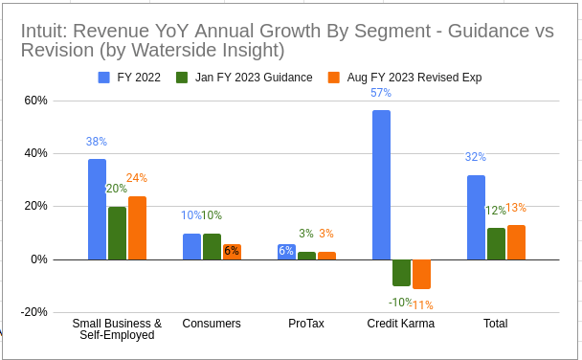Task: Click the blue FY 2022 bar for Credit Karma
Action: pyautogui.click(x=381, y=185)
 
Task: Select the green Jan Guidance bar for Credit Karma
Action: pyautogui.click(x=401, y=272)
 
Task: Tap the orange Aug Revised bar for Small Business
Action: pyautogui.click(x=137, y=228)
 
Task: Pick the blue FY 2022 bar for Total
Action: pyautogui.click(x=476, y=217)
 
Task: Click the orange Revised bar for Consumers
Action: pyautogui.click(x=232, y=252)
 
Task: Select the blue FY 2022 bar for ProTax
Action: pyautogui.click(x=286, y=252)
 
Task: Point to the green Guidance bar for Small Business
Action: pyautogui.click(x=117, y=233)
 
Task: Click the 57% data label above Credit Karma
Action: pyautogui.click(x=381, y=93)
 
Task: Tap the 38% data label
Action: pyautogui.click(x=97, y=142)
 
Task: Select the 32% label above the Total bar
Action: pyautogui.click(x=476, y=157)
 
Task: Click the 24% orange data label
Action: pyautogui.click(x=137, y=178)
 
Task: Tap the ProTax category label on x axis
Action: pyautogui.click(x=306, y=324)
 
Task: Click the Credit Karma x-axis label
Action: pyautogui.click(x=401, y=324)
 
